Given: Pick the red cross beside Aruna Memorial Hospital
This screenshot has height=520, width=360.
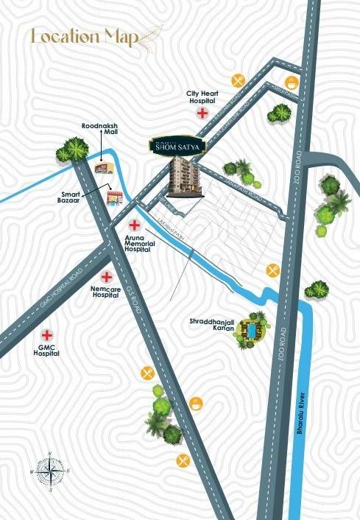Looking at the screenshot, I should point(135,225).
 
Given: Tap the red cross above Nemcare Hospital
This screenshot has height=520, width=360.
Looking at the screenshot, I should point(107,277).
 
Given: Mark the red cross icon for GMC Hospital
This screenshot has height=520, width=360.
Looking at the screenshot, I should point(49,333).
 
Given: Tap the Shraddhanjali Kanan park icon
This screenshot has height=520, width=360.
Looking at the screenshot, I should point(253,332).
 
